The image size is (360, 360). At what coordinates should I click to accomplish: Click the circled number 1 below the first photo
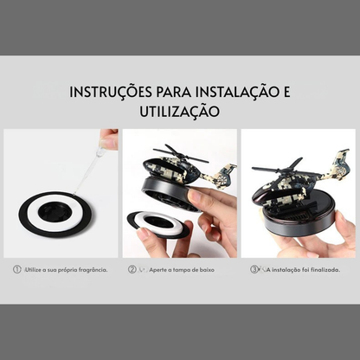16,270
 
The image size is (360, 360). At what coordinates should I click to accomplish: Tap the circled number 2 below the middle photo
132,270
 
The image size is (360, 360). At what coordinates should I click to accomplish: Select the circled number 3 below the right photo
254,270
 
